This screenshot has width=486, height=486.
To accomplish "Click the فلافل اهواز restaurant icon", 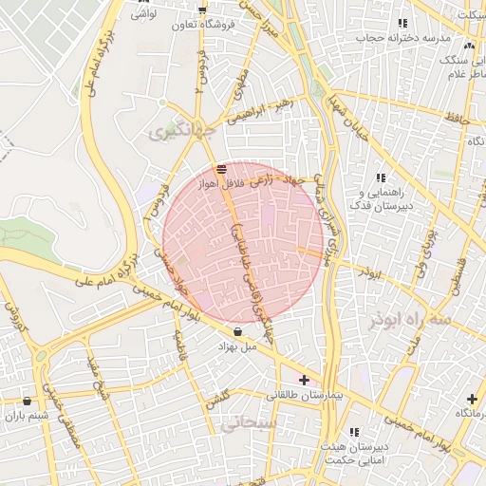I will point(220,169).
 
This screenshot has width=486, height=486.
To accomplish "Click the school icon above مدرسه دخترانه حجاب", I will point(402,23).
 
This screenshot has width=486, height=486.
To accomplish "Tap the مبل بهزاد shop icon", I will point(236,332).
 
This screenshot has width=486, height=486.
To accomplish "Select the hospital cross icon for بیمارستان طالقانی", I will point(304,380).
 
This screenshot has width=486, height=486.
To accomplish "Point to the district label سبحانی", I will point(247,423).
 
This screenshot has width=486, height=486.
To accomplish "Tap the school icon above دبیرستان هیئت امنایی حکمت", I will point(355,431).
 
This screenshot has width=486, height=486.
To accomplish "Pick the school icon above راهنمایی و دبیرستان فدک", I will point(382,178).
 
